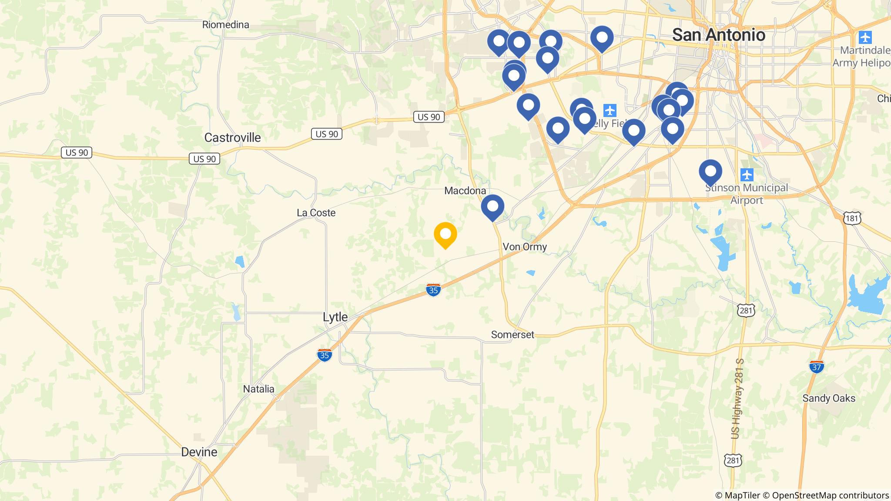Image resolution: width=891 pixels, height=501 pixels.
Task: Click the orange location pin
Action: click(x=445, y=234)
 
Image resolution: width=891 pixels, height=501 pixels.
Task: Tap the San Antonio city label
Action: click(x=718, y=35)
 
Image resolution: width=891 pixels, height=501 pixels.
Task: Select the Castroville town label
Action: click(x=232, y=138)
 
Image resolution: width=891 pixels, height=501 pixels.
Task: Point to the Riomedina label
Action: click(x=225, y=25)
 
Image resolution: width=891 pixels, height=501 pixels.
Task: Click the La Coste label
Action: click(x=316, y=213)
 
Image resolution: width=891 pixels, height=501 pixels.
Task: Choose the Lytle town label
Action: click(x=335, y=317)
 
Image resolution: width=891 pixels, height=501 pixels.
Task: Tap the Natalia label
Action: click(x=258, y=389)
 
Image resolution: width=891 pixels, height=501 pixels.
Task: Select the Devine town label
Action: click(x=199, y=452)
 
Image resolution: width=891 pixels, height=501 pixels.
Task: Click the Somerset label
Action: click(x=512, y=334)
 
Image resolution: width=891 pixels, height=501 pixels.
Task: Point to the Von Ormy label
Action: click(x=524, y=247)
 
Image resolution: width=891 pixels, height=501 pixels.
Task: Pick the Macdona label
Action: click(x=465, y=190)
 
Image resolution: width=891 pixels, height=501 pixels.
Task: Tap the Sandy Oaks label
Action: click(x=828, y=398)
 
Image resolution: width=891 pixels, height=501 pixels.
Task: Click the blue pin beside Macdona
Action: click(x=492, y=207)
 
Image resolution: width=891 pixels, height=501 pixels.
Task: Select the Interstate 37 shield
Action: click(x=817, y=367)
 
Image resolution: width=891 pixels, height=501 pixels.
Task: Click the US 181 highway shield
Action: click(x=851, y=218)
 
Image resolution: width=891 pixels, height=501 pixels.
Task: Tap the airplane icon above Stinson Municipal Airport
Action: click(x=747, y=175)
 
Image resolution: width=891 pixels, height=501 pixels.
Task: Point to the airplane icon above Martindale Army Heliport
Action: click(x=865, y=37)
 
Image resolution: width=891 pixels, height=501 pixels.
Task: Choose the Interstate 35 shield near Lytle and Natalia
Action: click(x=325, y=355)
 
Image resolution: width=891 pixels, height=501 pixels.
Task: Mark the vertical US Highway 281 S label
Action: click(x=737, y=398)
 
